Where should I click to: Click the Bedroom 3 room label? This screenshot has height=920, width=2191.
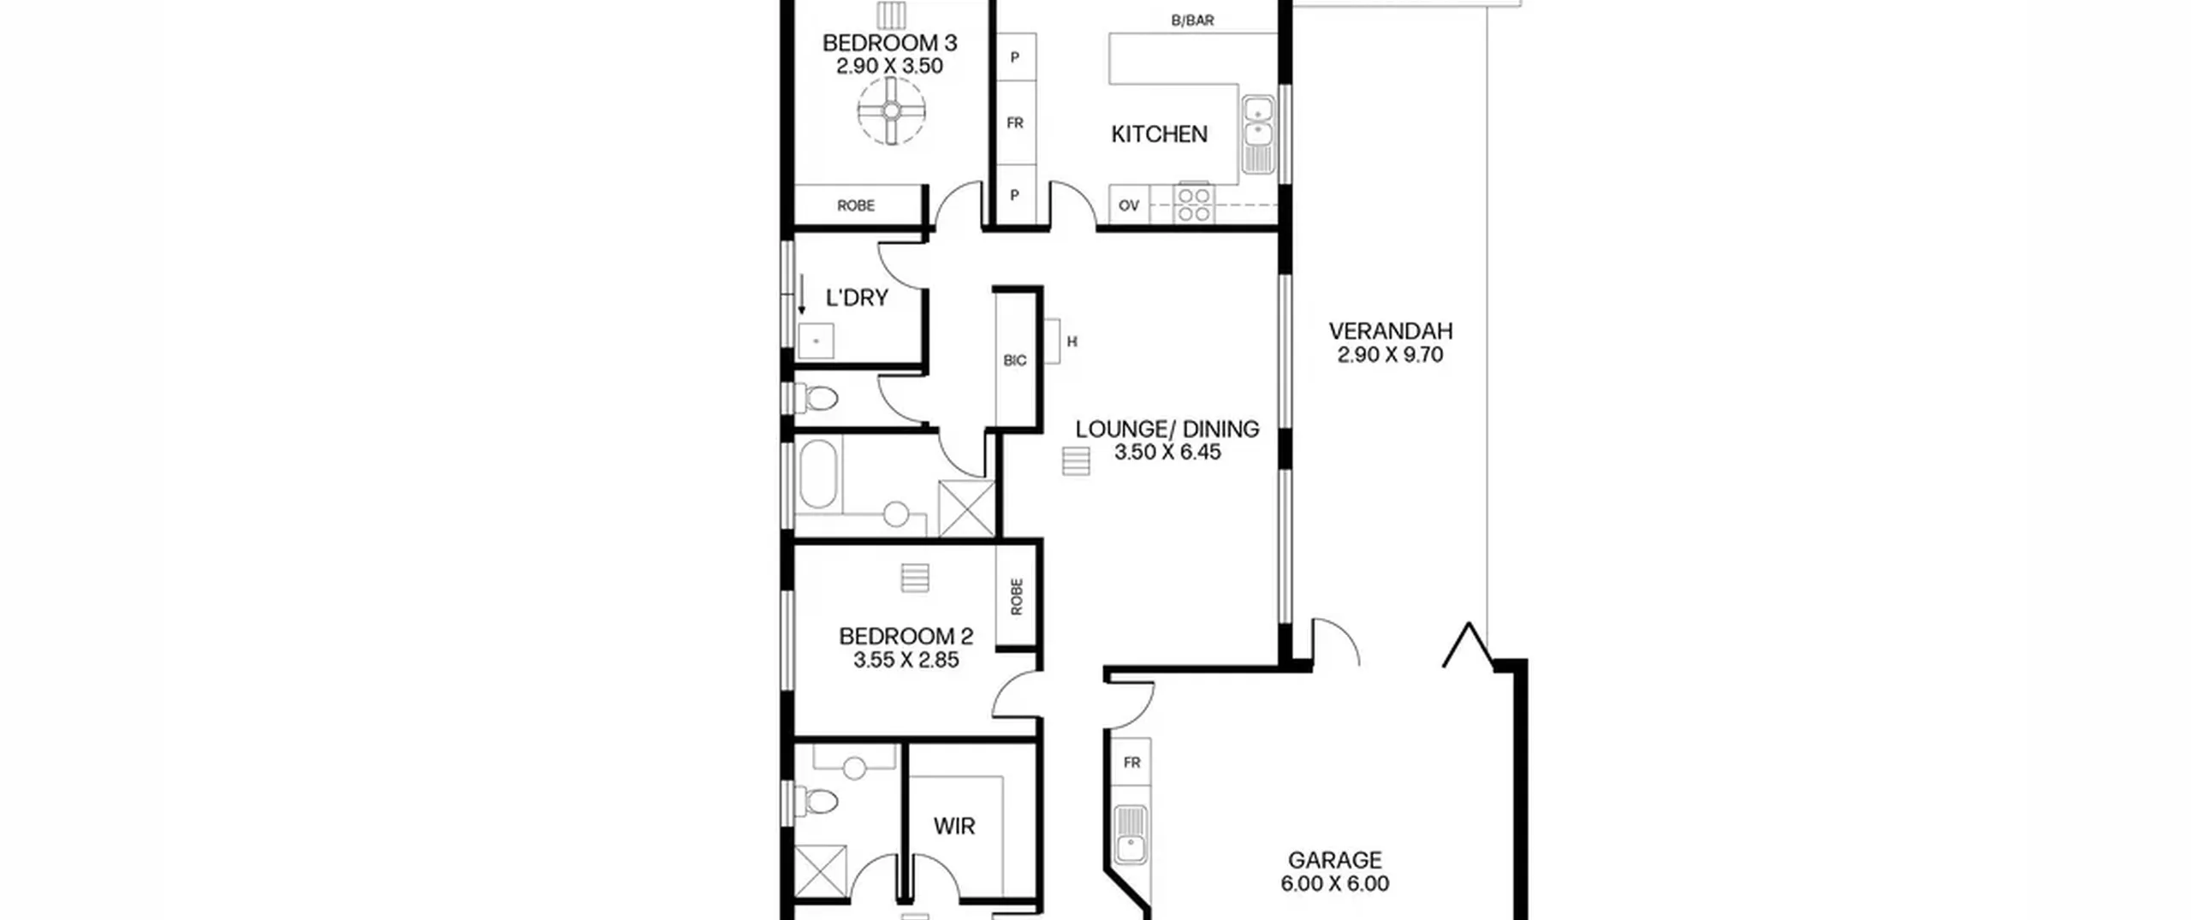[x=889, y=43]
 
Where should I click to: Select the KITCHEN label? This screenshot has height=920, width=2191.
[x=1159, y=134]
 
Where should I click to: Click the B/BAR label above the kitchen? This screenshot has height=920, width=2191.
[x=1192, y=21]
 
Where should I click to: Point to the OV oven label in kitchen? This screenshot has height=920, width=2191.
[x=1129, y=205]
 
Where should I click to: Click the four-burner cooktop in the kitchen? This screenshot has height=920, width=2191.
[x=1193, y=205]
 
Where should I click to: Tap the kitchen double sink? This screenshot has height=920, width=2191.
[x=1256, y=134]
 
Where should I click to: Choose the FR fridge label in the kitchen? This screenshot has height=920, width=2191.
[x=1015, y=123]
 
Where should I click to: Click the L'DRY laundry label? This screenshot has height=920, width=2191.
[x=857, y=298]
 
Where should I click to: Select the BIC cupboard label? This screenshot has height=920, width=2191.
[x=1015, y=360]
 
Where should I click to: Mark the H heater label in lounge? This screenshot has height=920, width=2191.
[x=1072, y=341]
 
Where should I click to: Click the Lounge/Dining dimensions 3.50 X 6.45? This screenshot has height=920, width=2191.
[x=1167, y=453]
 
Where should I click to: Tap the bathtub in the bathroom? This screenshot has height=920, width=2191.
[x=818, y=475]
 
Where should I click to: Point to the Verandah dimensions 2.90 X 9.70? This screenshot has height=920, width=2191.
[x=1390, y=355]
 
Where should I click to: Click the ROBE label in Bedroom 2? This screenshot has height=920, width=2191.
[x=1017, y=597]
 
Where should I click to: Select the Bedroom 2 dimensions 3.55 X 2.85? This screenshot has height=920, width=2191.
[x=905, y=660]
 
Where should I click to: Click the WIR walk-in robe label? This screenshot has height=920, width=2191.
[x=954, y=827]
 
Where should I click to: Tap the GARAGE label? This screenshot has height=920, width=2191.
[x=1335, y=860]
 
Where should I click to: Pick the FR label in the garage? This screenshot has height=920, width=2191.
[x=1132, y=763]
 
